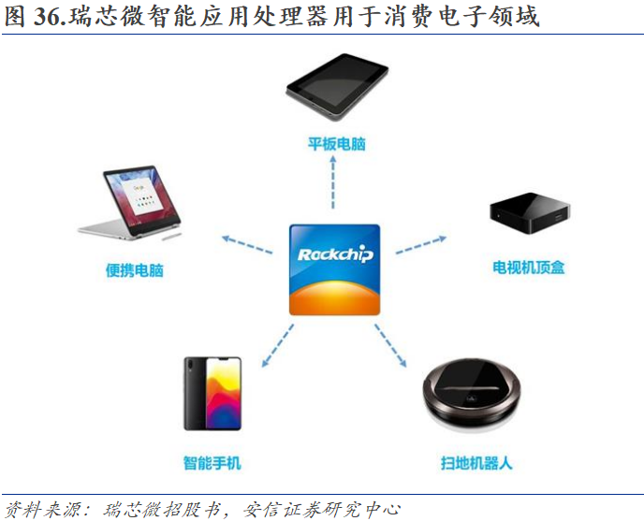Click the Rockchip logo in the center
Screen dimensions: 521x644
coord(334,269)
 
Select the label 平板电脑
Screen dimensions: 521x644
coord(336,144)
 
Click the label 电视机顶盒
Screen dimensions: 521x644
coord(529,268)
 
